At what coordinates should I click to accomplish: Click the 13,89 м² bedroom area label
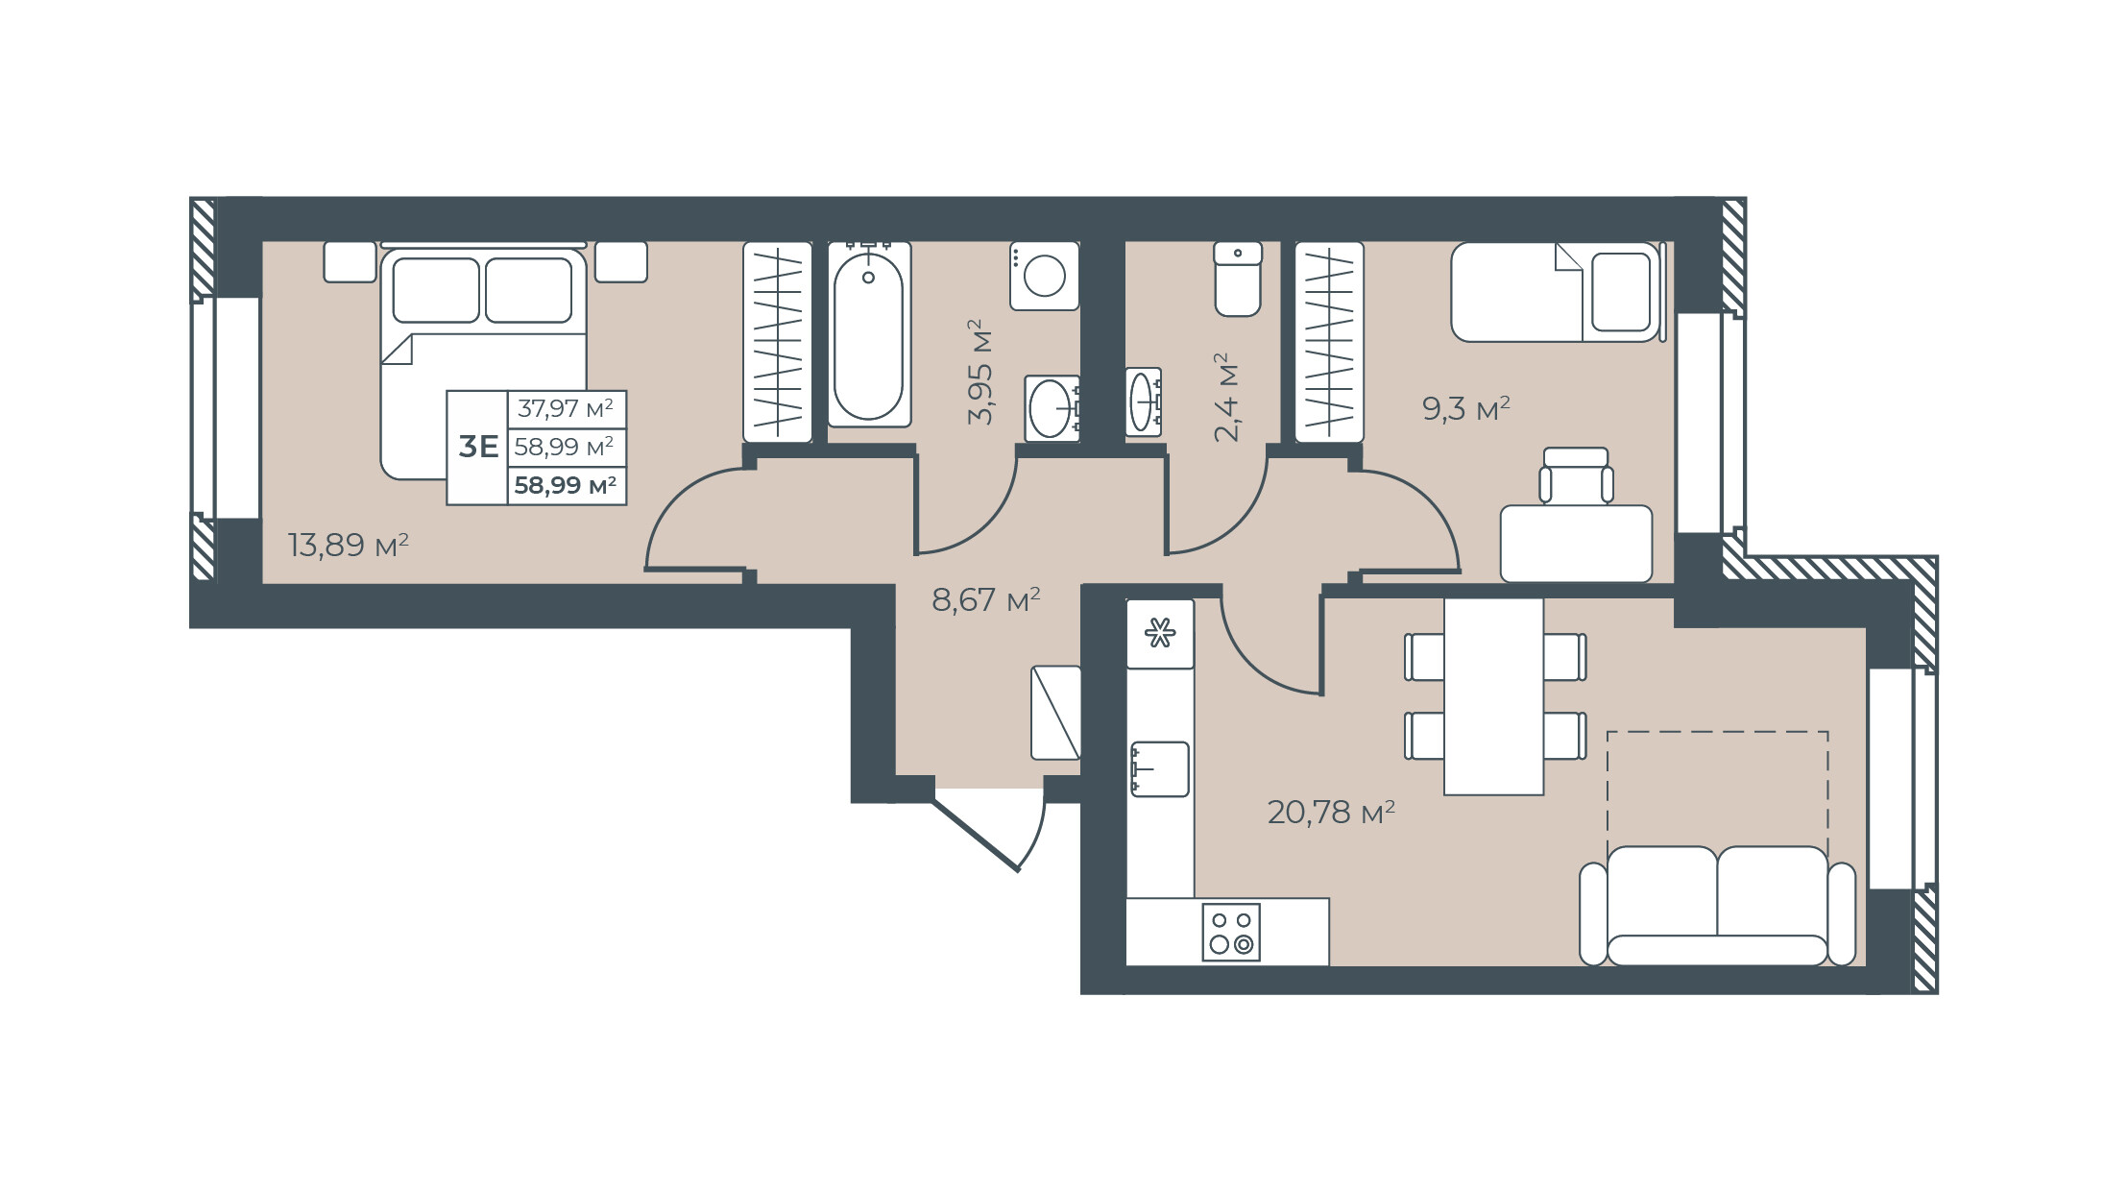click(x=349, y=546)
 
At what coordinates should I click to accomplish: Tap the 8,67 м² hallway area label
click(x=986, y=600)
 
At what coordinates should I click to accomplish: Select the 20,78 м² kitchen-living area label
click(x=1331, y=813)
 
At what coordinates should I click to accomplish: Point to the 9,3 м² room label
click(x=1466, y=409)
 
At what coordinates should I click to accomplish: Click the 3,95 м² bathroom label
click(x=980, y=372)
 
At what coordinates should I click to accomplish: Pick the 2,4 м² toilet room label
click(x=1227, y=397)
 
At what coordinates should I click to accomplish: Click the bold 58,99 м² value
click(x=566, y=485)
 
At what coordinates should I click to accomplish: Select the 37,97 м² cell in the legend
click(x=566, y=408)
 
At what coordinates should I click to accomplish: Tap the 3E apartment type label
click(x=478, y=447)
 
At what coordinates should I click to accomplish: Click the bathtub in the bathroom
click(x=868, y=333)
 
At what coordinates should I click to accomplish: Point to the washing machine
click(x=1044, y=276)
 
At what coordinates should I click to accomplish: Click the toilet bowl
click(x=1238, y=279)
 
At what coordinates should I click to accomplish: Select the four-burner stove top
click(x=1231, y=932)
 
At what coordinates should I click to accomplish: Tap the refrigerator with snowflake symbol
click(x=1160, y=634)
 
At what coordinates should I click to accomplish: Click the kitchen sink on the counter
click(x=1160, y=769)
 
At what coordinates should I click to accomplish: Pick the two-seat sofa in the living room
click(x=1717, y=906)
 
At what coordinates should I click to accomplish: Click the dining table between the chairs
click(x=1493, y=696)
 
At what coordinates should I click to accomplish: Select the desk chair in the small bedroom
click(x=1576, y=475)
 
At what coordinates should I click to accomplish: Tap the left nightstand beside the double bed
click(x=350, y=261)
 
